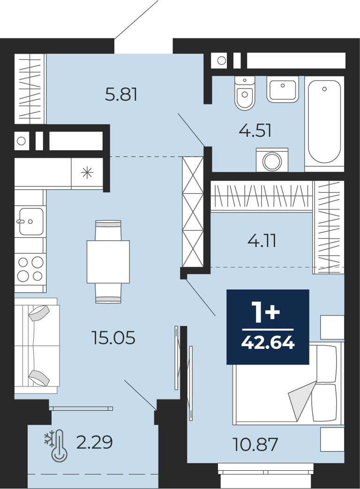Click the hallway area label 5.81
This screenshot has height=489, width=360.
pyautogui.click(x=121, y=94)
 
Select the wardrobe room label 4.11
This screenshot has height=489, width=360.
pyautogui.click(x=262, y=241)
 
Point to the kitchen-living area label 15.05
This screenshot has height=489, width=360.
pyautogui.click(x=113, y=337)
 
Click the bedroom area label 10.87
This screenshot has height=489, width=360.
pyautogui.click(x=255, y=445)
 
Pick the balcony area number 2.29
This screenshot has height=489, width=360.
pyautogui.click(x=94, y=442)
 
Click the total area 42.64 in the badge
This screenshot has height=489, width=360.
pyautogui.click(x=268, y=343)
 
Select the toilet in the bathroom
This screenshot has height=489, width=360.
pyautogui.click(x=245, y=93)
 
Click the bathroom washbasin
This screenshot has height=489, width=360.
pyautogui.click(x=283, y=89)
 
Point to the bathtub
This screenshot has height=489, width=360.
pyautogui.click(x=324, y=123)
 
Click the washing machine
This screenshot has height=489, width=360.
pyautogui.click(x=272, y=160)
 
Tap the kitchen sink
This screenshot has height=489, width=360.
pyautogui.click(x=30, y=222)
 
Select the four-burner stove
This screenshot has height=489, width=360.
pyautogui.click(x=30, y=269)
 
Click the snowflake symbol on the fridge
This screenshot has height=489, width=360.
pyautogui.click(x=87, y=172)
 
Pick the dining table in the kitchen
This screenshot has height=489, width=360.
pyautogui.click(x=108, y=262)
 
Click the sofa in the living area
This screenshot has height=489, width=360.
pyautogui.click(x=37, y=346)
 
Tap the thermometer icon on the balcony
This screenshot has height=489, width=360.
pyautogui.click(x=59, y=446)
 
